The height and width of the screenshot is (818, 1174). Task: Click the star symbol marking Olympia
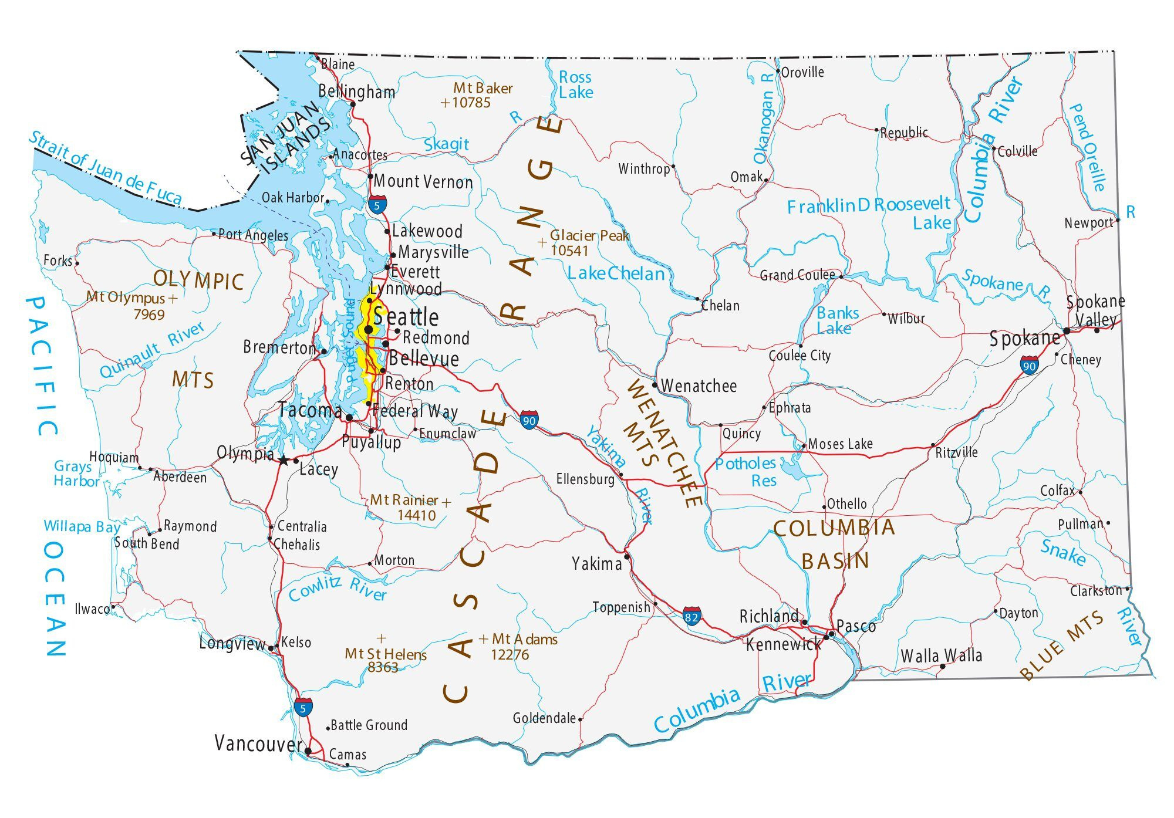(x=284, y=461)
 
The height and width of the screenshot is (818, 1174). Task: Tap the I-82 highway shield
(x=692, y=617)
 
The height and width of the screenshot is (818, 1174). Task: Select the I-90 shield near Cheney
(x=1029, y=366)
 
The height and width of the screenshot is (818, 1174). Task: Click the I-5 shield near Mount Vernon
(x=377, y=205)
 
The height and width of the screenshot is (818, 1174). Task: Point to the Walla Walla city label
(x=941, y=655)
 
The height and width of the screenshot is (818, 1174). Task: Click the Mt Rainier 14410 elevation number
(x=416, y=515)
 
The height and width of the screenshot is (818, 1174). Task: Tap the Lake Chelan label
(x=616, y=273)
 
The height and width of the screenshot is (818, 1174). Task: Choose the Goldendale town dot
(x=580, y=719)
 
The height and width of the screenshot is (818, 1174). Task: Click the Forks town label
(x=58, y=260)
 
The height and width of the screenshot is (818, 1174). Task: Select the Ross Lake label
(x=575, y=85)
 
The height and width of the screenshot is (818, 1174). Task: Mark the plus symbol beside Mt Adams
(x=483, y=639)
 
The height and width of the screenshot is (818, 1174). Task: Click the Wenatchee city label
(x=699, y=386)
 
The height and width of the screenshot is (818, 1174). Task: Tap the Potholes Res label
(x=746, y=472)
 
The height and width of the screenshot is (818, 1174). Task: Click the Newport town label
(x=1089, y=223)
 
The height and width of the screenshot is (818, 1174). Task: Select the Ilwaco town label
(x=92, y=609)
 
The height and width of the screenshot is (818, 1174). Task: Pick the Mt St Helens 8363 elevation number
(x=383, y=667)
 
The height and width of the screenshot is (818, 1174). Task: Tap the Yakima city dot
(x=627, y=556)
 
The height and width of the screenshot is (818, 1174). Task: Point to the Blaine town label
(x=338, y=64)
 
